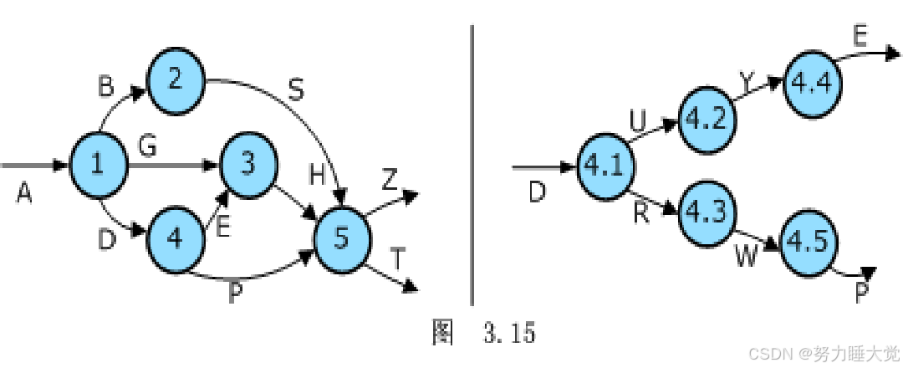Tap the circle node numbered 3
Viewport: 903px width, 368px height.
248,164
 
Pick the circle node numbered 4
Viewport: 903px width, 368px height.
176,238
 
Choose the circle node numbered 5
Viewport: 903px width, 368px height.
342,238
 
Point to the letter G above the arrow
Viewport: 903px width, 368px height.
148,147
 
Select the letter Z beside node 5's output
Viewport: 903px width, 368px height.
390,180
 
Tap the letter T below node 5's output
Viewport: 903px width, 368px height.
398,260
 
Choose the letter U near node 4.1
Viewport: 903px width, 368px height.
638,122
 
